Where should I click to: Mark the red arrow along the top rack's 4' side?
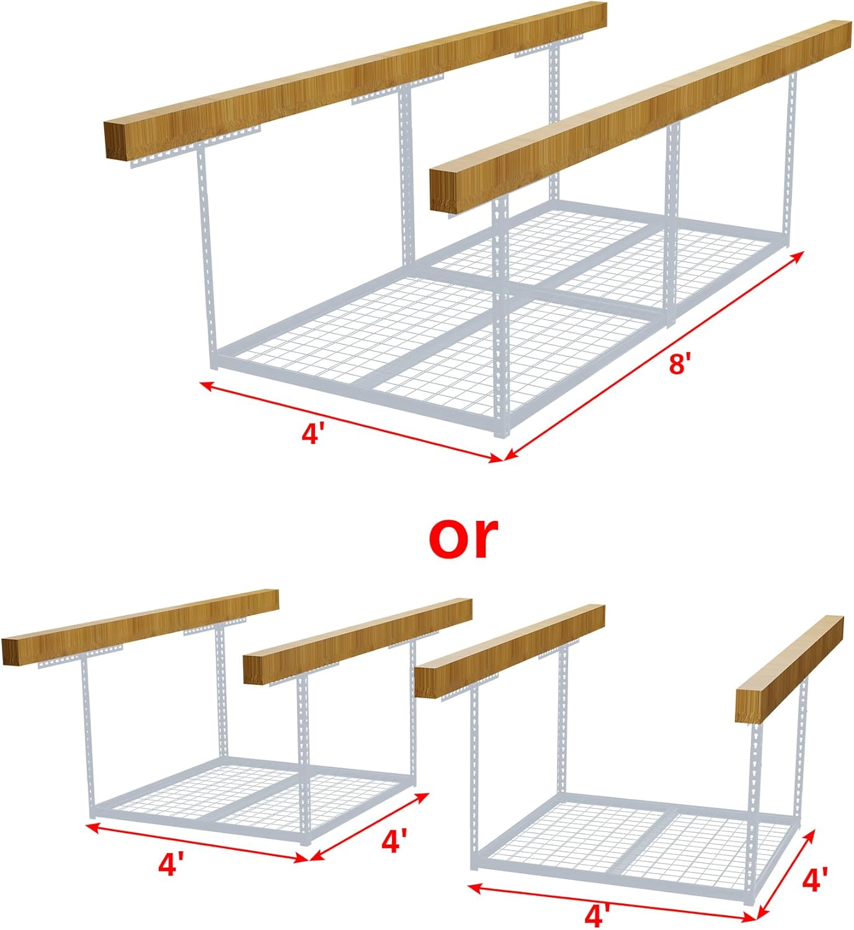[350, 422]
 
